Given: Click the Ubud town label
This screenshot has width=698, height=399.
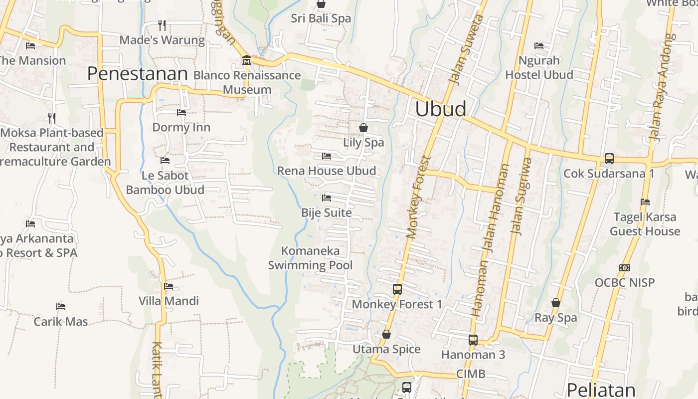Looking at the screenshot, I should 441,109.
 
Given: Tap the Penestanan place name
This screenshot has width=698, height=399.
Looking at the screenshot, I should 137,74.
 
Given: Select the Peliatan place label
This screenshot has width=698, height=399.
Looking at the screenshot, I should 601,390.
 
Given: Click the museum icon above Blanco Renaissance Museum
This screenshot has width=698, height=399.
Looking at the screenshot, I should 246,61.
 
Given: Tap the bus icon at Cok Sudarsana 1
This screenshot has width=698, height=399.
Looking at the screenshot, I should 609,159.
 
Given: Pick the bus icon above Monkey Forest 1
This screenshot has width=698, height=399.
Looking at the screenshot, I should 397,289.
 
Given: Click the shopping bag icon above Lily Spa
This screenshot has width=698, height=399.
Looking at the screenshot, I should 363,128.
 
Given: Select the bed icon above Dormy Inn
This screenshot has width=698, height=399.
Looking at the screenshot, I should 181,113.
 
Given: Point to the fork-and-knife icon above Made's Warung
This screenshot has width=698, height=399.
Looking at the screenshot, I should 162,25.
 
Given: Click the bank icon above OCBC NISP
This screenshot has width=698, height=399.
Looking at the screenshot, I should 624,268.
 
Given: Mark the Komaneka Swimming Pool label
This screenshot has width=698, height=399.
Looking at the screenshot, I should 310,258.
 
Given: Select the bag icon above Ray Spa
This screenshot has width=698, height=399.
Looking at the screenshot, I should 555,303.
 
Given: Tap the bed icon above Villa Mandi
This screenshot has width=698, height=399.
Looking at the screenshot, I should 169,286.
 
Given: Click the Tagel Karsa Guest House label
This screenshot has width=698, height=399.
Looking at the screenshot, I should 645,224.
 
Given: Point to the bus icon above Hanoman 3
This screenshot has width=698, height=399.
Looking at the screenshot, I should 473,340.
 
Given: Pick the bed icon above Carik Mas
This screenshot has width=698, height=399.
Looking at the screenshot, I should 61,306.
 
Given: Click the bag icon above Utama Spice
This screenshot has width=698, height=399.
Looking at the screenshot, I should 386,334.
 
